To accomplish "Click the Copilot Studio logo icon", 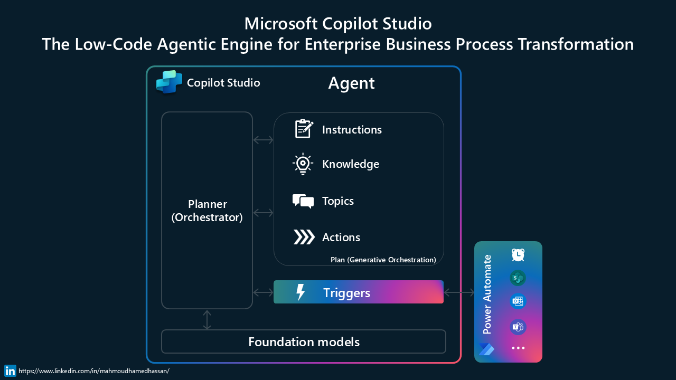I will pyautogui.click(x=169, y=82).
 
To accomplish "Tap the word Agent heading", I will pyautogui.click(x=351, y=83).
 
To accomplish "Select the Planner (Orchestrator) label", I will pyautogui.click(x=207, y=211).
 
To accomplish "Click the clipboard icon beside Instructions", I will pyautogui.click(x=303, y=129).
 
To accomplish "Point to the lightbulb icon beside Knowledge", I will pyautogui.click(x=303, y=164).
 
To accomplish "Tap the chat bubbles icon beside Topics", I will pyautogui.click(x=303, y=201).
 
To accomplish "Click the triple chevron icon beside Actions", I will pyautogui.click(x=304, y=237).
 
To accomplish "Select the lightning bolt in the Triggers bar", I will pyautogui.click(x=301, y=292).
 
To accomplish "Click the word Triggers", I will pyautogui.click(x=346, y=293).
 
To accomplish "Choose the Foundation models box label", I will pyautogui.click(x=304, y=342).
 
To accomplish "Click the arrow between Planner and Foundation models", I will pyautogui.click(x=207, y=320).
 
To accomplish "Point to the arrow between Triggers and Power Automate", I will pyautogui.click(x=459, y=292).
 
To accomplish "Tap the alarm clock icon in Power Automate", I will pyautogui.click(x=518, y=255).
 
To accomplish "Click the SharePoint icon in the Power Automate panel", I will pyautogui.click(x=518, y=278).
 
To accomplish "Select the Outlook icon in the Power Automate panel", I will pyautogui.click(x=518, y=301).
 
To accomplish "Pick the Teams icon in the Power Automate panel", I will pyautogui.click(x=518, y=327).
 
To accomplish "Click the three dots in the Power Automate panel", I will pyautogui.click(x=518, y=348).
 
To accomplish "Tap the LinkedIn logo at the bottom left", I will pyautogui.click(x=10, y=370).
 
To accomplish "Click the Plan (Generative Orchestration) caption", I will pyautogui.click(x=383, y=260).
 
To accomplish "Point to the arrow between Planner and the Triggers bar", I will pyautogui.click(x=263, y=292).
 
